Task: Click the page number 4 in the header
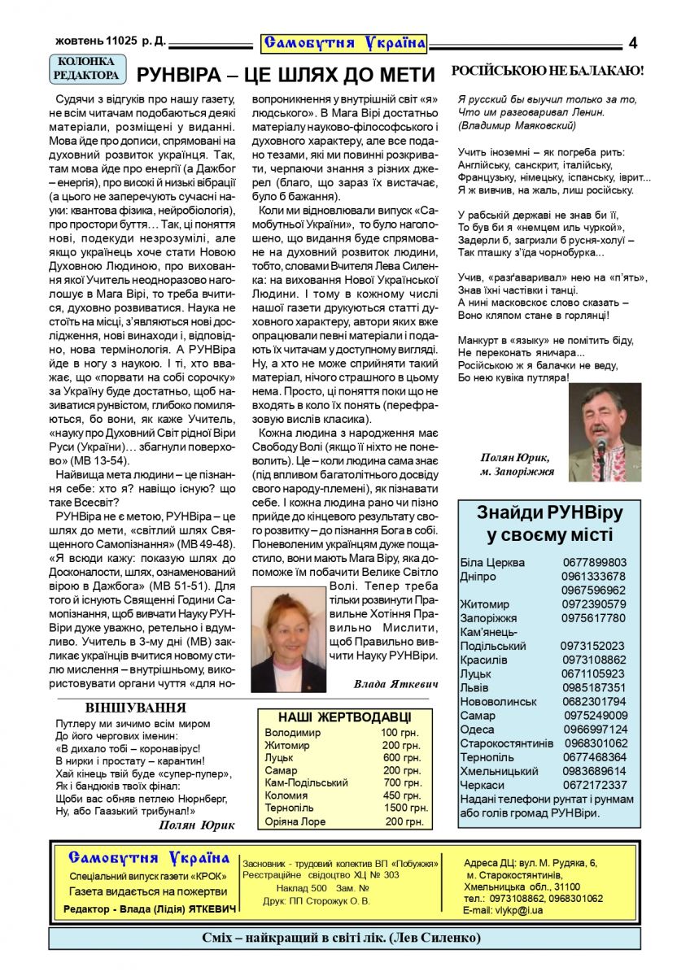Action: coord(632,42)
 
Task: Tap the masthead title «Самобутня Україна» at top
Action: coord(344,41)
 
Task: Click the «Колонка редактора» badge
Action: coord(89,68)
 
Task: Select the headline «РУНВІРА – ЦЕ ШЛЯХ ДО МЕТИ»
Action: coord(287,76)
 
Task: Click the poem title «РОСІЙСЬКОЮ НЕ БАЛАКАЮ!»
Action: coord(547,72)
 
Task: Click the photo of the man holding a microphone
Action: coord(605,432)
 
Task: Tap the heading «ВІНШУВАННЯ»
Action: coord(135,708)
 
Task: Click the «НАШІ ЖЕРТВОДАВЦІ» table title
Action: coord(344,717)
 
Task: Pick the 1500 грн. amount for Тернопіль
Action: coord(406,808)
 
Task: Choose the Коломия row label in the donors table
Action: coord(286,795)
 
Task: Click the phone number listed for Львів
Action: coord(594,687)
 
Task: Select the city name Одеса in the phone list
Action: coord(477,729)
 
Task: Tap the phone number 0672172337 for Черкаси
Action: coord(595,785)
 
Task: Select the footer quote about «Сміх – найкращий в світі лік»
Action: coord(341,939)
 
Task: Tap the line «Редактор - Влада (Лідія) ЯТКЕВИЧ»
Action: coord(150,908)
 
